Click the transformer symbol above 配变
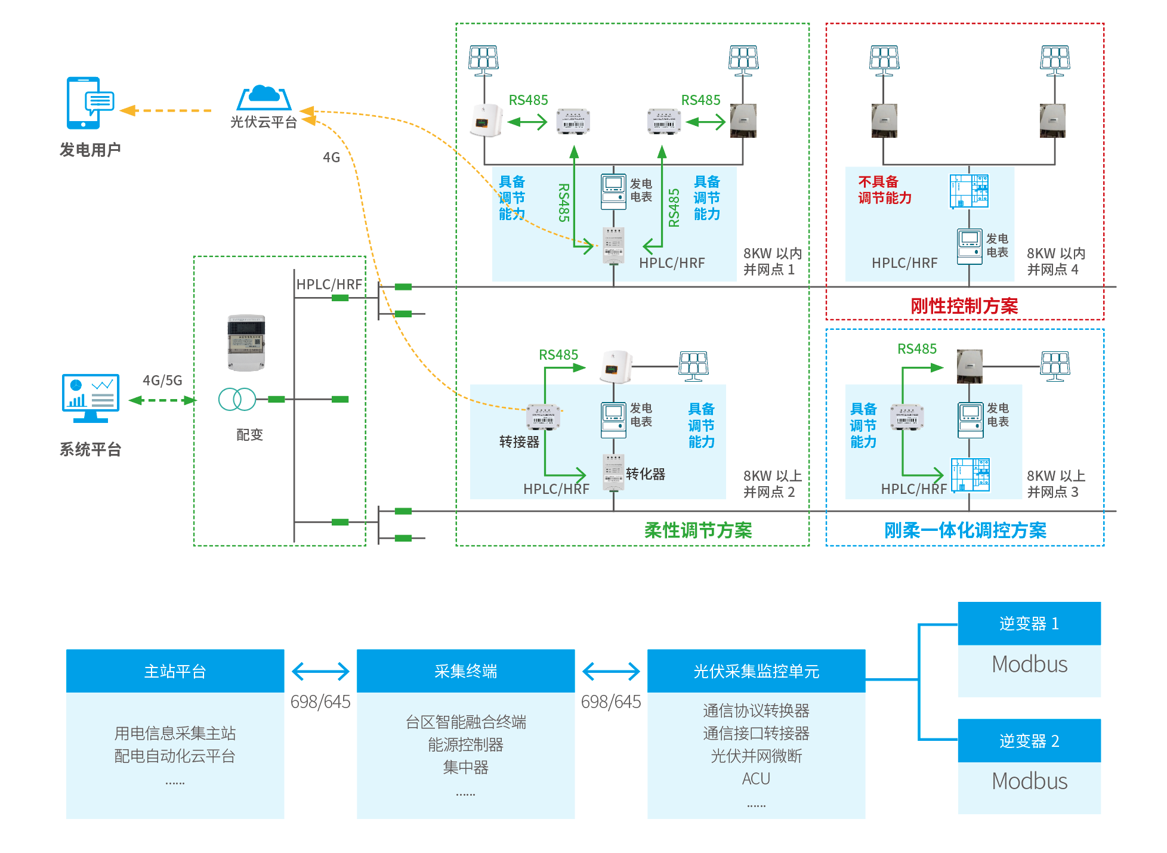(x=237, y=399)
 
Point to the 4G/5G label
(x=162, y=381)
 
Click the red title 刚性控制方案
(x=964, y=306)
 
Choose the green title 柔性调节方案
(x=697, y=530)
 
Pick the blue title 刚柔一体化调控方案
(x=965, y=530)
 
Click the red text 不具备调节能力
(x=884, y=190)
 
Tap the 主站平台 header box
(x=175, y=671)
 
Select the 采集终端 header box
(x=465, y=671)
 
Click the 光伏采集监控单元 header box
(x=756, y=671)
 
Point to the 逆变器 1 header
(x=1029, y=623)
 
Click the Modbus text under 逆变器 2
(x=1029, y=781)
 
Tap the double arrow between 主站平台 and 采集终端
(x=320, y=671)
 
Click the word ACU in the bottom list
(x=756, y=779)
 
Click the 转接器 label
(x=519, y=442)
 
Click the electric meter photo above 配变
(x=246, y=343)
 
